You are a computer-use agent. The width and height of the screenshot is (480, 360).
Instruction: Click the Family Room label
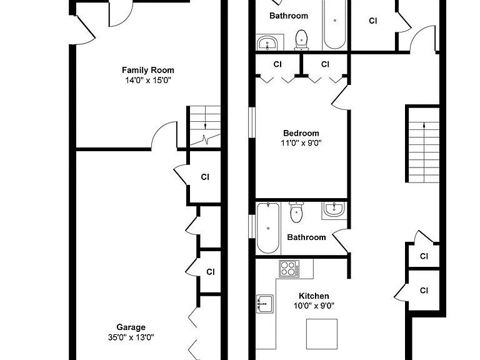(148, 70)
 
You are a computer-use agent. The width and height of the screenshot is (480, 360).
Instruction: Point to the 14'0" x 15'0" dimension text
(148, 81)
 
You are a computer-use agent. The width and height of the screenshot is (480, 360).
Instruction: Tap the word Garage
(131, 327)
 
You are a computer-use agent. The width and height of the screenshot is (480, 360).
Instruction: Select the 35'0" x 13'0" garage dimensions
(131, 337)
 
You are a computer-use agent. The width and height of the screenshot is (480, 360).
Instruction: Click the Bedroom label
(301, 133)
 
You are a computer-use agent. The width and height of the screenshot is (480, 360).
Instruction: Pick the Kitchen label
(314, 296)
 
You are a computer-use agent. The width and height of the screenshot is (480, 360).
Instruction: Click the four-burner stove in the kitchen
(289, 269)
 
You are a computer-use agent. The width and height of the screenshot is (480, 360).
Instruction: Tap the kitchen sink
(265, 304)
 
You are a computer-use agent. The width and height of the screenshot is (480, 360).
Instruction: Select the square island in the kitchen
(322, 334)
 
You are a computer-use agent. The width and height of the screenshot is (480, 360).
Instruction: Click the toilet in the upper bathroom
(301, 40)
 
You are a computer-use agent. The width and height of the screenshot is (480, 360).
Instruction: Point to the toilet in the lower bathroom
(296, 212)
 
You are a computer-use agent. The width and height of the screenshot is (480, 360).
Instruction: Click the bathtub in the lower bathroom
(268, 228)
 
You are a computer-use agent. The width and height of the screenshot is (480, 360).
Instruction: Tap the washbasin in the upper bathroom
(267, 43)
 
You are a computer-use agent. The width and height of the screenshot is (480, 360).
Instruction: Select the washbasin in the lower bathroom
(334, 210)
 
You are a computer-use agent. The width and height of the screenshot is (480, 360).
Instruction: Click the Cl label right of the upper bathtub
(373, 21)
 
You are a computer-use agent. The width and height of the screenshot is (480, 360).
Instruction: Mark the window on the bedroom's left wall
(252, 122)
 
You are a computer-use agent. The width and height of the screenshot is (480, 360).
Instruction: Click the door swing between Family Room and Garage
(164, 135)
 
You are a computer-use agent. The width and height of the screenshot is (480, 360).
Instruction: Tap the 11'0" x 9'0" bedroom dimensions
(301, 143)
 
